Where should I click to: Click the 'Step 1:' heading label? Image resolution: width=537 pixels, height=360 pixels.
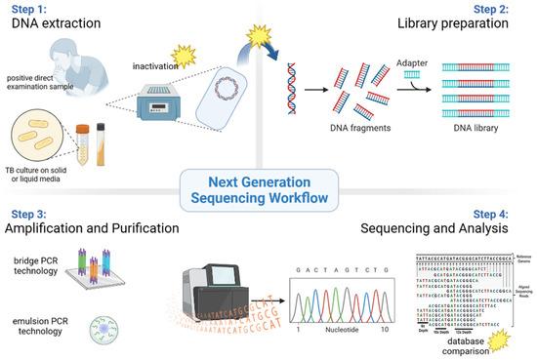tap(29, 11)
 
